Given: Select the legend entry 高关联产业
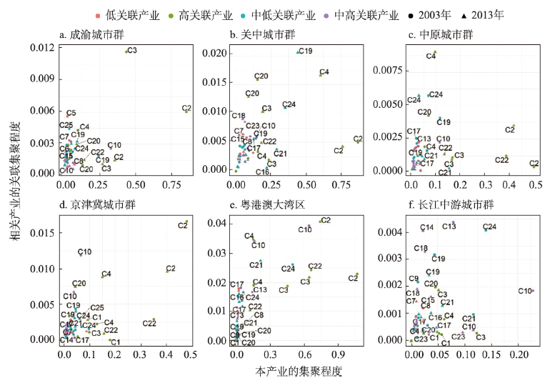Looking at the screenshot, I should click(189, 14).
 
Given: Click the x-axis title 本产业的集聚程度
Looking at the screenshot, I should click(299, 372).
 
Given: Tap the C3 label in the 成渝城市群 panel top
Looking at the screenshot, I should click(131, 51).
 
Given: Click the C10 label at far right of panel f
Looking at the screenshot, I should click(524, 291).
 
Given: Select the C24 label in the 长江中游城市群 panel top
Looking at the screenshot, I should click(490, 227).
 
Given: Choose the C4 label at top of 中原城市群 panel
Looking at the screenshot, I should click(431, 56).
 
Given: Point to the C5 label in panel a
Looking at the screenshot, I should click(71, 113).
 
